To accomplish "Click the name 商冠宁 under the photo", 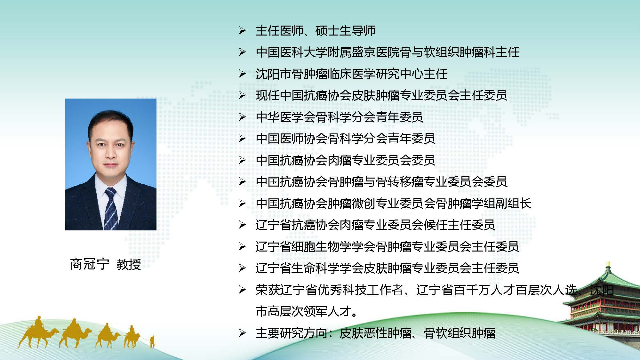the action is pos(90,264).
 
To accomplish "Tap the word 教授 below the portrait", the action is pos(129,264).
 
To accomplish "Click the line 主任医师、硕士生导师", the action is pos(316,31).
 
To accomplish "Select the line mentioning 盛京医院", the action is pos(388,52).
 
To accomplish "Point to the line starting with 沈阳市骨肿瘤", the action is pos(351,74).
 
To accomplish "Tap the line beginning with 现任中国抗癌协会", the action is pos(381,95).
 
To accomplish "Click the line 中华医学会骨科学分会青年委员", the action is pos(340,117).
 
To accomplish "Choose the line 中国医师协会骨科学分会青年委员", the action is pos(346,139).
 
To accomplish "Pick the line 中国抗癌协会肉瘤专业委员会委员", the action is pos(346,160).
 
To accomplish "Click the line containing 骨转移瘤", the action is pos(381,182).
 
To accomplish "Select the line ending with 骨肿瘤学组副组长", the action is pos(394,204).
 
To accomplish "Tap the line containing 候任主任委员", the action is pos(375,225).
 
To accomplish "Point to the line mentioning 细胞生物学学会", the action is pos(388,247).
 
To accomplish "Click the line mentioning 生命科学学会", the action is pos(388,268).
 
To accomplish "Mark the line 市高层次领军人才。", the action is pos(307,311).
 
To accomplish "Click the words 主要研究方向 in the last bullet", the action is pos(292,333).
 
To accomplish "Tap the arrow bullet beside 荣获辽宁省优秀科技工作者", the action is pos(242,290).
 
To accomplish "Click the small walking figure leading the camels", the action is pos(152,342).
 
